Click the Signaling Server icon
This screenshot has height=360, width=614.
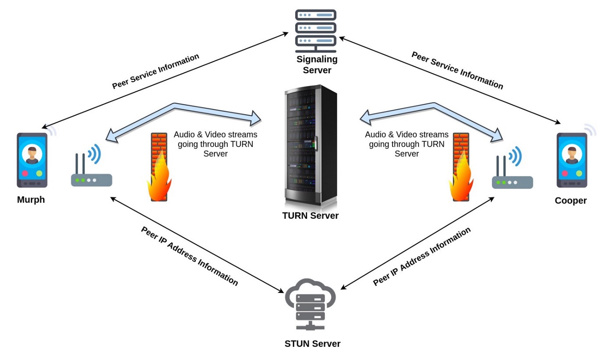pyautogui.click(x=316, y=30)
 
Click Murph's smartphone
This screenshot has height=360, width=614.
pyautogui.click(x=32, y=161)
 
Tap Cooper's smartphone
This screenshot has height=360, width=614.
pyautogui.click(x=571, y=161)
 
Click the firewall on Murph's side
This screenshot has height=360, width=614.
pyautogui.click(x=159, y=168)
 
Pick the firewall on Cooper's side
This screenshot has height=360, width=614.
pyautogui.click(x=460, y=168)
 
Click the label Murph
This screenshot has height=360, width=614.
pyautogui.click(x=31, y=200)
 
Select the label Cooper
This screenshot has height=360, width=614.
pyautogui.click(x=571, y=201)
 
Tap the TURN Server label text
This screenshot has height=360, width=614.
pyautogui.click(x=310, y=216)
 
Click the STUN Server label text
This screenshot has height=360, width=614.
pyautogui.click(x=312, y=343)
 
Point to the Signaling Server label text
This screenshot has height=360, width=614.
pyautogui.click(x=317, y=65)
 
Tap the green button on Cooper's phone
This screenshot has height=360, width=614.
pyautogui.click(x=579, y=173)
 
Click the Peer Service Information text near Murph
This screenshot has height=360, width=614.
pyautogui.click(x=155, y=71)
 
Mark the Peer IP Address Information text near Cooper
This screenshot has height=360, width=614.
pyautogui.click(x=422, y=257)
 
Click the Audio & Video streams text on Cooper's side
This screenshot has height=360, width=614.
pyautogui.click(x=406, y=144)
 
